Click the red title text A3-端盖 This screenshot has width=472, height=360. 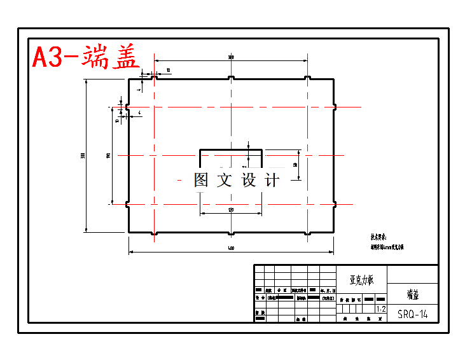pyautogui.click(x=85, y=57)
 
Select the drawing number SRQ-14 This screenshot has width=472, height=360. pyautogui.click(x=412, y=314)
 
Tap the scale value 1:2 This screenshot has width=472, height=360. pyautogui.click(x=381, y=309)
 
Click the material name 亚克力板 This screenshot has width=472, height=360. pyautogui.click(x=361, y=279)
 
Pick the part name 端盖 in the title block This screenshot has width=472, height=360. pyautogui.click(x=412, y=294)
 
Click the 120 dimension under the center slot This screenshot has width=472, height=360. pyautogui.click(x=230, y=209)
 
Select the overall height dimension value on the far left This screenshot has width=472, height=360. pyautogui.click(x=83, y=156)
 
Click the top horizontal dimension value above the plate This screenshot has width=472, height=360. pyautogui.click(x=231, y=57)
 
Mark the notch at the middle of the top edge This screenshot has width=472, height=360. pyautogui.click(x=231, y=79)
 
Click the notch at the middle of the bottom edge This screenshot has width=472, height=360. pyautogui.click(x=231, y=232)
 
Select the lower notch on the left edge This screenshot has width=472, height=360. pyautogui.click(x=129, y=205)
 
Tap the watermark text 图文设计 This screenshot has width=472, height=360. pyautogui.click(x=237, y=180)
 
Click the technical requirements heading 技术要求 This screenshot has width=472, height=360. pyautogui.click(x=378, y=237)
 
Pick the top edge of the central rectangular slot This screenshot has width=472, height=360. pyautogui.click(x=231, y=150)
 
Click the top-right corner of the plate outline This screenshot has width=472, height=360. pyautogui.click(x=334, y=79)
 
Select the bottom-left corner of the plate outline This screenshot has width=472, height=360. pyautogui.click(x=129, y=232)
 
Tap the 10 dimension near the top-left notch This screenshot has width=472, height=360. pyautogui.click(x=168, y=69)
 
